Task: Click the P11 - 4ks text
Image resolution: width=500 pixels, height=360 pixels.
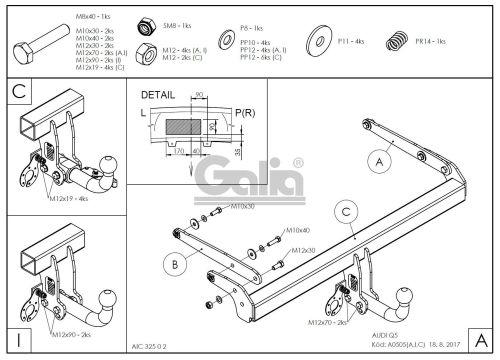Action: [x=351, y=42]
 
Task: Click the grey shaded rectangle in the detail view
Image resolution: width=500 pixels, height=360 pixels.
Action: [x=185, y=127]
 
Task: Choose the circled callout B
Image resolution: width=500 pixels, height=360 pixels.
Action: [x=174, y=265]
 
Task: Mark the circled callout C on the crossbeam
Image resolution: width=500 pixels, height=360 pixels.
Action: [x=344, y=211]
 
